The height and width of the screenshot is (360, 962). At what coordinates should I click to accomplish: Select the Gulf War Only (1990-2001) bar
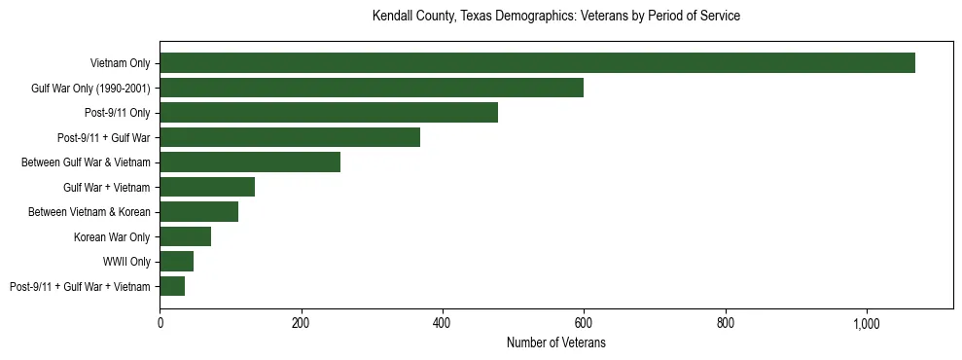[x=372, y=88]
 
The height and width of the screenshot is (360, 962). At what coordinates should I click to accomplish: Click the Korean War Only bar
[x=185, y=236]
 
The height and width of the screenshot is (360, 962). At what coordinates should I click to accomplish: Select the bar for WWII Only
[x=176, y=262]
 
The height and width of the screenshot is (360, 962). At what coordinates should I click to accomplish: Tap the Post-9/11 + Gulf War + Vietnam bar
[x=172, y=286]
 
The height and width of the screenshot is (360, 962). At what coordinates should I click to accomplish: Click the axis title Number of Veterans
[x=555, y=343]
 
